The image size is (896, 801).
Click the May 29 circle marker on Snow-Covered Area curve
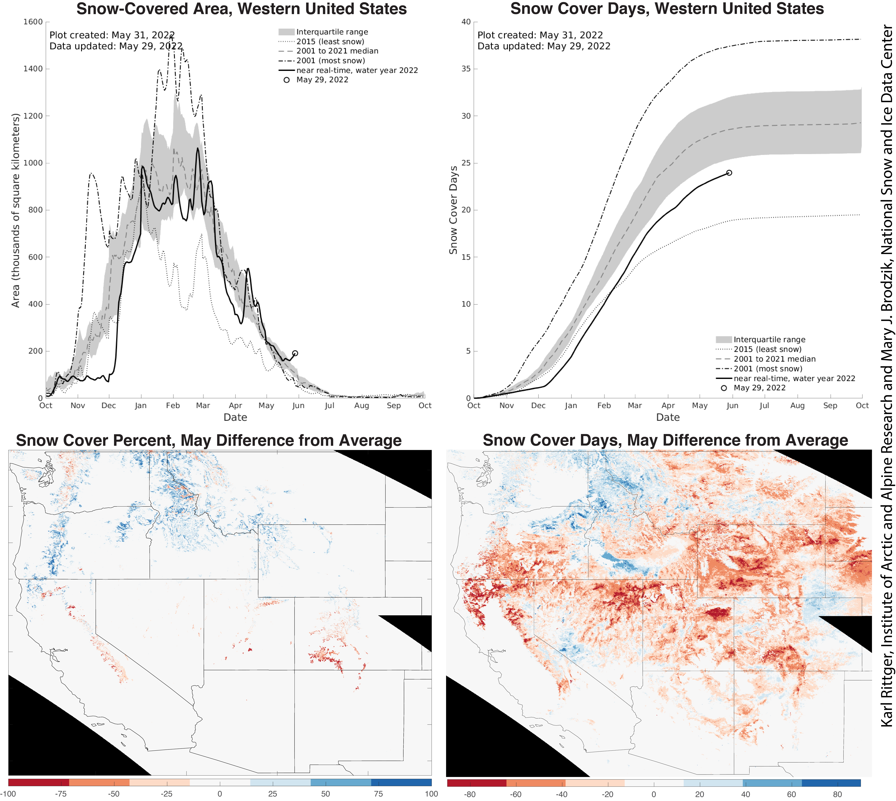295,353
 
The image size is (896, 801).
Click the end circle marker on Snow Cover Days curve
729,173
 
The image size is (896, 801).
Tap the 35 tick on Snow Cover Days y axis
466,69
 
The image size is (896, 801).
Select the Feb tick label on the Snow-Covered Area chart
173,405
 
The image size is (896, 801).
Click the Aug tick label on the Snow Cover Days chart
797,405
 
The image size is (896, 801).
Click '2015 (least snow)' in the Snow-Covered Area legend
330,41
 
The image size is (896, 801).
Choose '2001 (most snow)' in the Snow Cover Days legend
768,368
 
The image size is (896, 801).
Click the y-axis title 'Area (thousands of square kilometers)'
16,210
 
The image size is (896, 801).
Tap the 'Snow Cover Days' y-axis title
453,210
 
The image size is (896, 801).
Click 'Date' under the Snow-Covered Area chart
235,417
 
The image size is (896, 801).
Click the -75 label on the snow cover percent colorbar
61,794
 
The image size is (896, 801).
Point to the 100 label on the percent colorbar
431,794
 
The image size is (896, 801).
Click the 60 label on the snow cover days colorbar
791,794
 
